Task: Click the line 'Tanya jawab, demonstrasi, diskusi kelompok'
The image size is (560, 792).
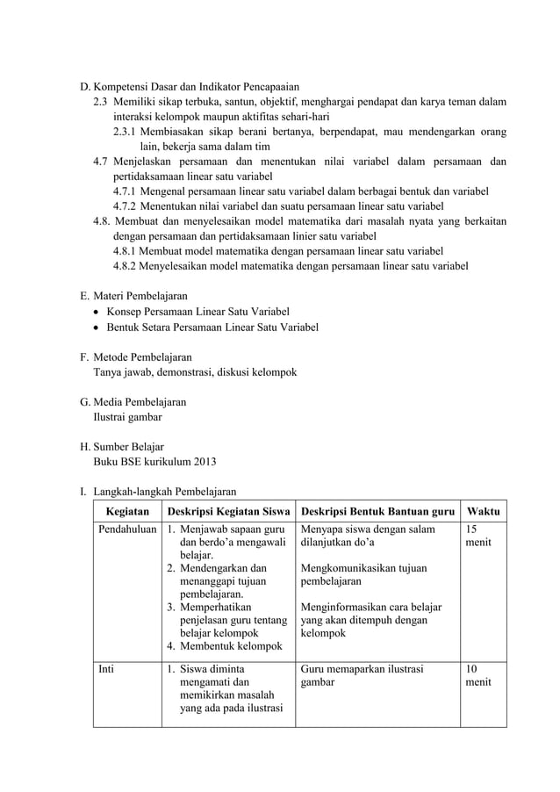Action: [x=195, y=372]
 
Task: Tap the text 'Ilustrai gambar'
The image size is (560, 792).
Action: [x=127, y=417]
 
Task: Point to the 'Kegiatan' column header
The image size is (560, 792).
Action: [x=127, y=511]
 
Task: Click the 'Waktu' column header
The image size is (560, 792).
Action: [x=484, y=511]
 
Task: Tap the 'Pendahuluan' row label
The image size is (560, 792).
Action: [x=127, y=529]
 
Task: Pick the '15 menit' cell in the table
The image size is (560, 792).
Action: [x=478, y=536]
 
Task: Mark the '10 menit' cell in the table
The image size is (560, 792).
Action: [x=478, y=675]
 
